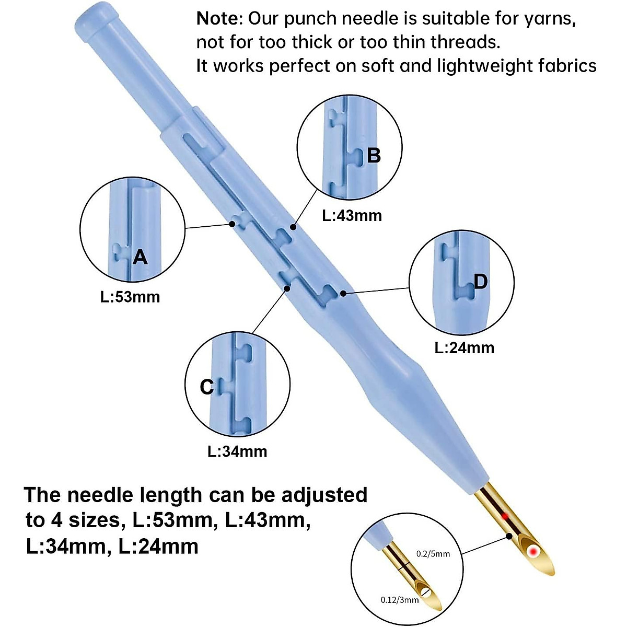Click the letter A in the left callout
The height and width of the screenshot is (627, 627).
tap(140, 257)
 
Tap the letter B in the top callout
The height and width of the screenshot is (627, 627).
tap(374, 155)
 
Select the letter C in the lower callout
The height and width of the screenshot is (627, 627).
tap(207, 387)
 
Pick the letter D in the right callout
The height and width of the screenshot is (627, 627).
tap(480, 282)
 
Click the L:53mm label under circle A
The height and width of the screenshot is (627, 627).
tap(130, 297)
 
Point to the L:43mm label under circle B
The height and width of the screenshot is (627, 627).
tap(352, 215)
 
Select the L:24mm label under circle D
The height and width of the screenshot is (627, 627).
tap(464, 347)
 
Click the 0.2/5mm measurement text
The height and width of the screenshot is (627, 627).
tap(432, 554)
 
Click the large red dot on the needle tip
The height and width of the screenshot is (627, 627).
tap(533, 551)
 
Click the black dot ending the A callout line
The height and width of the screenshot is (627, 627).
tap(233, 224)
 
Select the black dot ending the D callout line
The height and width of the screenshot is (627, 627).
tap(343, 293)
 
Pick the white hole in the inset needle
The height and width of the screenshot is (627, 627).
tap(426, 593)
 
